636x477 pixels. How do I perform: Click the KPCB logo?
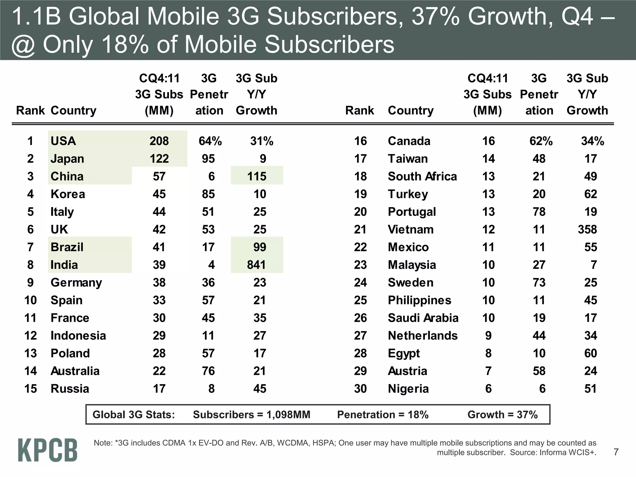[48, 450]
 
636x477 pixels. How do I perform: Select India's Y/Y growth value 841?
[257, 265]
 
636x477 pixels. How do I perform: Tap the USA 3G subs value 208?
[159, 141]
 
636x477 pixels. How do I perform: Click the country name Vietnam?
[411, 229]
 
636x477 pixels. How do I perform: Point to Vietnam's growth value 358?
[587, 229]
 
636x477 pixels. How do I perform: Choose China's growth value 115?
[257, 176]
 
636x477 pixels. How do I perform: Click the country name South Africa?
[422, 176]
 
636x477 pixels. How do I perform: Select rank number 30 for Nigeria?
[360, 389]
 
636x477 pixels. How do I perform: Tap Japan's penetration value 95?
[208, 159]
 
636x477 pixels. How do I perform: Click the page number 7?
[616, 452]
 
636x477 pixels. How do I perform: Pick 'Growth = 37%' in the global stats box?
[502, 415]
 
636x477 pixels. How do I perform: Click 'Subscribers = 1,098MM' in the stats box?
[252, 415]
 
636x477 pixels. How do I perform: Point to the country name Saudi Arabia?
[423, 318]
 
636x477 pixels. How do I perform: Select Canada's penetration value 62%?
[541, 141]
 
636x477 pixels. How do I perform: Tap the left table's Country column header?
[74, 111]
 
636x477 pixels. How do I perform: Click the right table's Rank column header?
[360, 111]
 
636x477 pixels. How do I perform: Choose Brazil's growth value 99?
[260, 247]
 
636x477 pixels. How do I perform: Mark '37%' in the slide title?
[435, 16]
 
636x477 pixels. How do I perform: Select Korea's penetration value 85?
[208, 194]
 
